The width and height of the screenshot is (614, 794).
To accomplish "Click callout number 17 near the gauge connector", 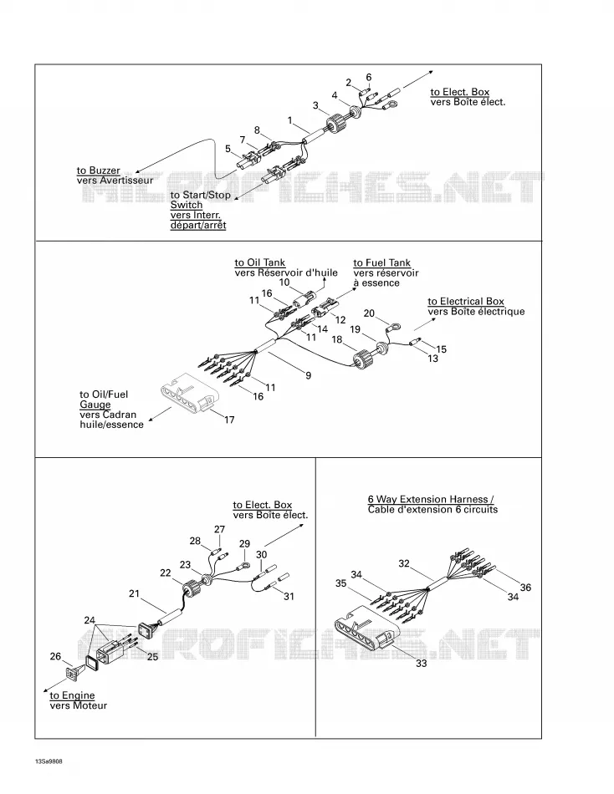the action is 229,420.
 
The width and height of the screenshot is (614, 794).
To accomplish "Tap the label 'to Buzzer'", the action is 99,171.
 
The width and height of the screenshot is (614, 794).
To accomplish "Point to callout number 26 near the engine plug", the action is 55,656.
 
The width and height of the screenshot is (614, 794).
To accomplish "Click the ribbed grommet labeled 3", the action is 334,125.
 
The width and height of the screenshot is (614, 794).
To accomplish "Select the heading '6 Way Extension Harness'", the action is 428,499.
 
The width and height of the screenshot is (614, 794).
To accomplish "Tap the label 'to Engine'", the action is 72,695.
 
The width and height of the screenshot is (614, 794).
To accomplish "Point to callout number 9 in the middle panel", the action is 309,375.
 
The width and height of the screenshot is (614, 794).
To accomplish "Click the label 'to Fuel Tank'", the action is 381,262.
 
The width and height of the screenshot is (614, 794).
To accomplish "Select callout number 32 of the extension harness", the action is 403,563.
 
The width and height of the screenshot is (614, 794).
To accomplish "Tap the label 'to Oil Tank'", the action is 259,262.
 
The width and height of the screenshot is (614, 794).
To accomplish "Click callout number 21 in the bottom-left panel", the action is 134,593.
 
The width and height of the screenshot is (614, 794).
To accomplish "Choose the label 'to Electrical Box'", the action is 466,301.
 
